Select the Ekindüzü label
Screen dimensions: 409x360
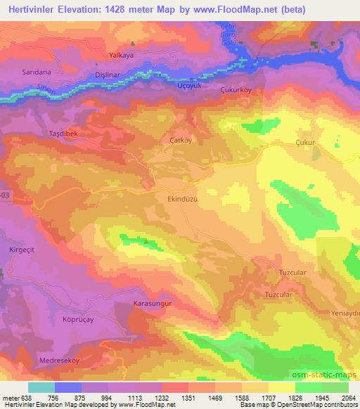[185, 200]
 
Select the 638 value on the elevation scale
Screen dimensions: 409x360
[27, 397]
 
